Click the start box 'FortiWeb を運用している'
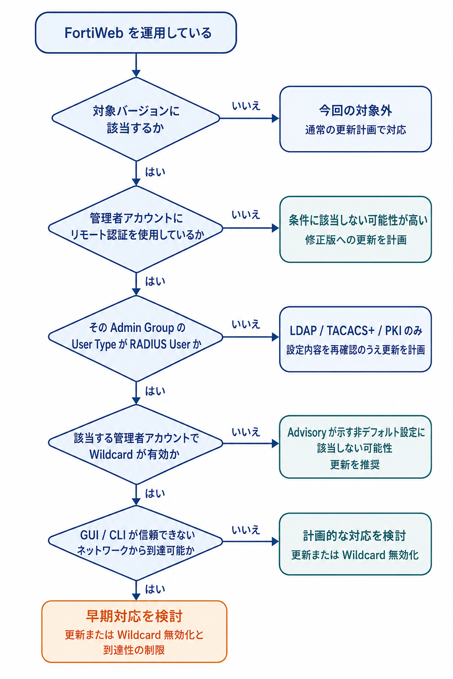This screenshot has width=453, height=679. click(x=136, y=33)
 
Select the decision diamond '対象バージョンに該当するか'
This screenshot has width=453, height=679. click(x=136, y=119)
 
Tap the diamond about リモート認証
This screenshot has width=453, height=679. click(x=136, y=229)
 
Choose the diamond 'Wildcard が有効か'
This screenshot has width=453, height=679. click(x=136, y=444)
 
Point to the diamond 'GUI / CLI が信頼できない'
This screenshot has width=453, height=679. click(x=136, y=542)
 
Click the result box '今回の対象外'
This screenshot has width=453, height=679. click(x=355, y=119)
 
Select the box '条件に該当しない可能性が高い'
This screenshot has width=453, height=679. click(x=355, y=229)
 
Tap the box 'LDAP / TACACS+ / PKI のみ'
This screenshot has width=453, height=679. click(x=355, y=339)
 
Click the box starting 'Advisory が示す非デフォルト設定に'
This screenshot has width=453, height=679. click(x=355, y=446)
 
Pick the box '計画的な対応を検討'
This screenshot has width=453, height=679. click(x=355, y=544)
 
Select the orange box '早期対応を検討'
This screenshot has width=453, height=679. click(x=134, y=632)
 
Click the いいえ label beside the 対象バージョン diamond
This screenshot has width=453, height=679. click(x=246, y=106)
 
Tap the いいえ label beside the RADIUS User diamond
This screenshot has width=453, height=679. click(x=246, y=324)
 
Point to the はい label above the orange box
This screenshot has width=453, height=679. click(x=155, y=590)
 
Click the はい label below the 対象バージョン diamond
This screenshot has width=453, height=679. click(x=155, y=172)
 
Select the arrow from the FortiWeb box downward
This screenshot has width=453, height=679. click(x=136, y=65)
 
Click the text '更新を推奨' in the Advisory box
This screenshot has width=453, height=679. click(x=355, y=465)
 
